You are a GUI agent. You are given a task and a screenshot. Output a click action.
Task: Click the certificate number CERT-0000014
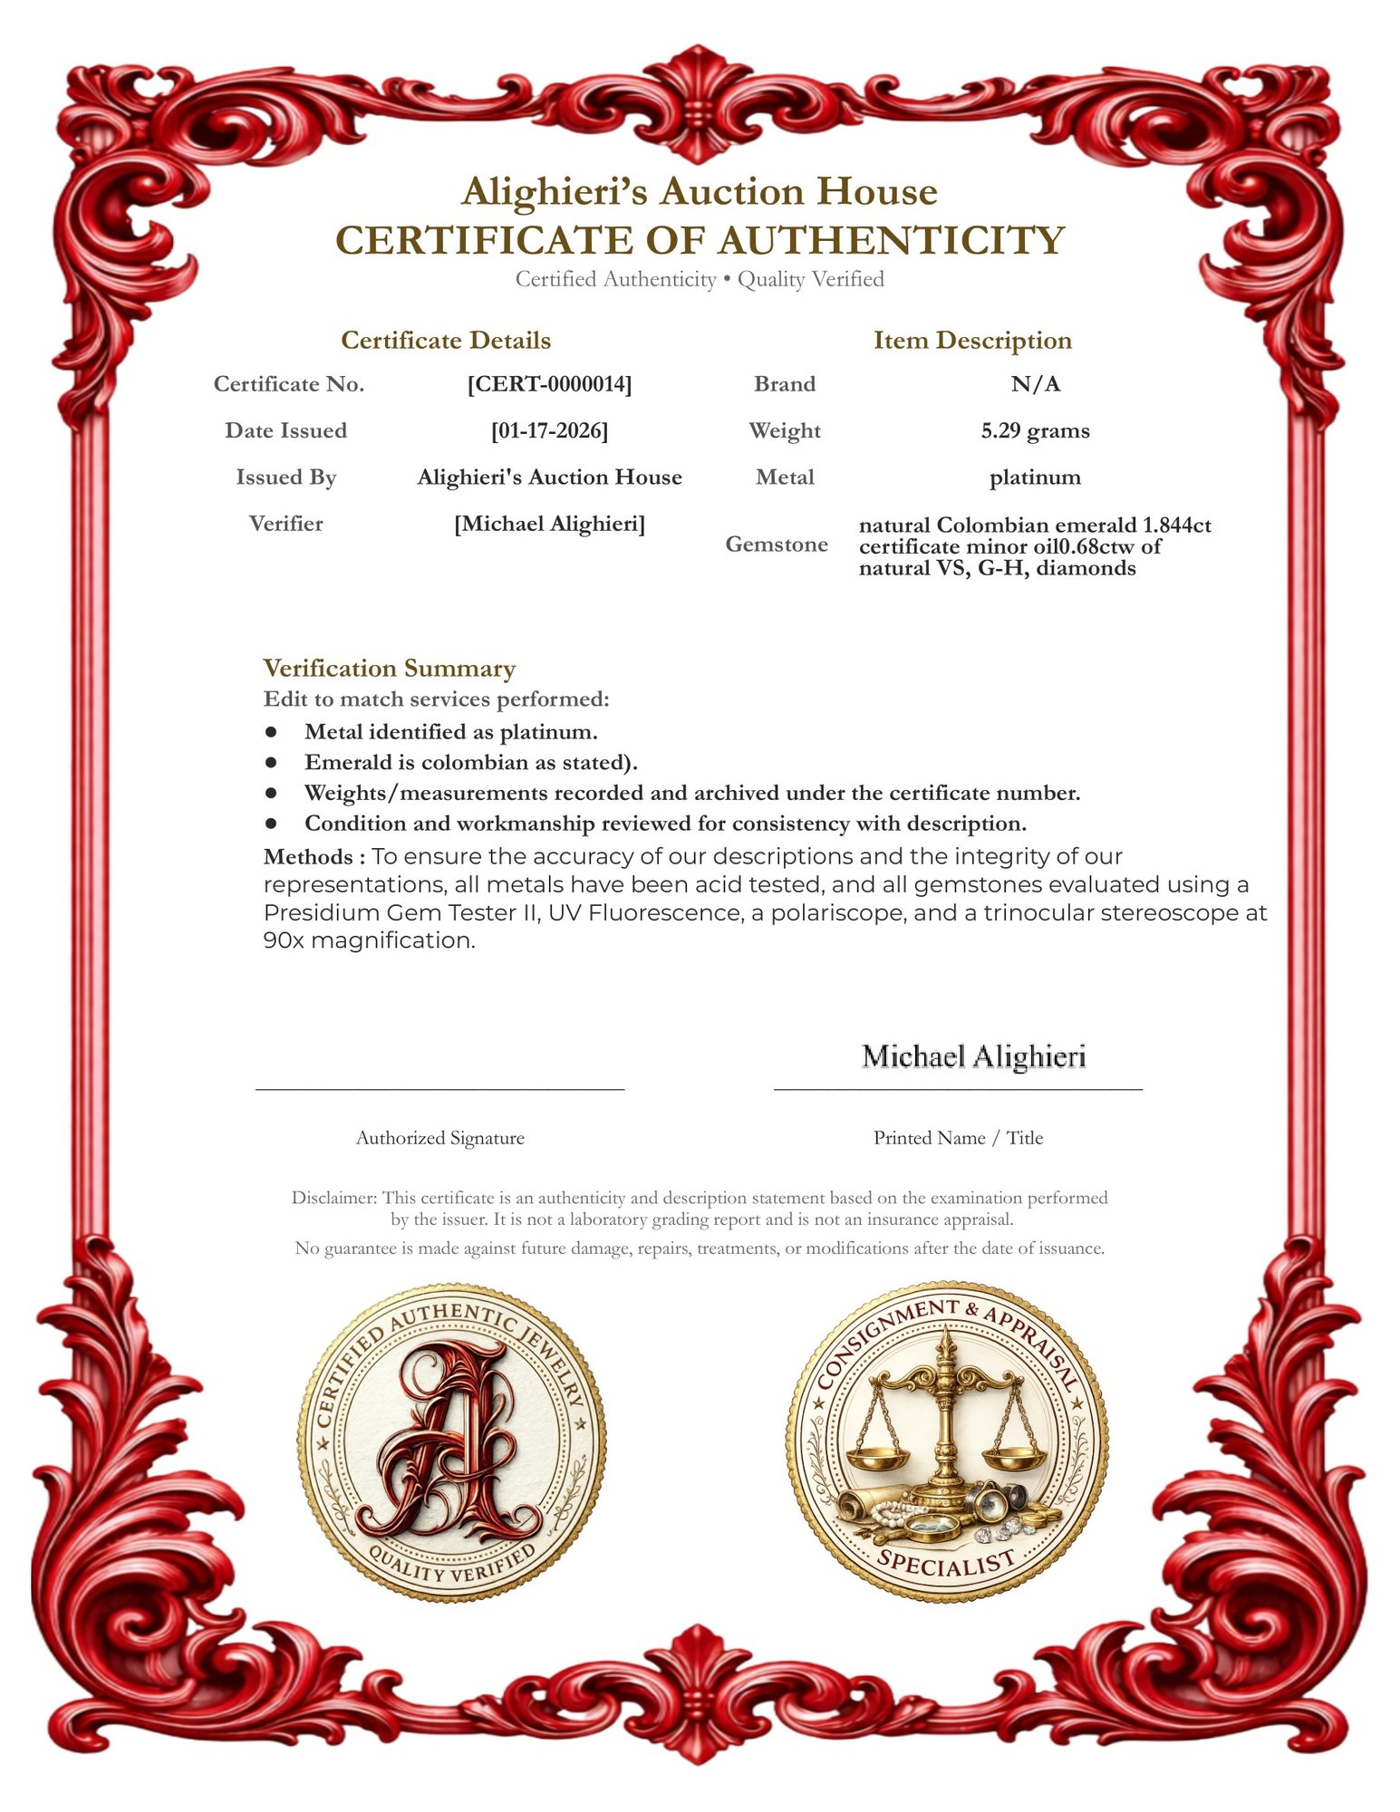coord(549,384)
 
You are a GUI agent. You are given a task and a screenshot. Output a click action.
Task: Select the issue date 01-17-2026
coord(549,430)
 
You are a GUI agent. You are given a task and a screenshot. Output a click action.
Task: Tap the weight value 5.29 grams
coord(1035,430)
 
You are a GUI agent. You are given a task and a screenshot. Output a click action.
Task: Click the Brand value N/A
coord(1035,384)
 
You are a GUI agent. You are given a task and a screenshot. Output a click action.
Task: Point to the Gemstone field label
coord(777,545)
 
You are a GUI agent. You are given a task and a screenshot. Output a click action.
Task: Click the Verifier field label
coord(285,524)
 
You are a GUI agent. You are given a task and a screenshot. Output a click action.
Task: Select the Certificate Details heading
coord(446,341)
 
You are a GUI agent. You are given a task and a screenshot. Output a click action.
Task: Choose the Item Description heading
coord(972,341)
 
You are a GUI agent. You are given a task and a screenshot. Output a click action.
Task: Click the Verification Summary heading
coord(390,669)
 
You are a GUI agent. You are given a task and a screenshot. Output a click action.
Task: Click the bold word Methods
coord(308,857)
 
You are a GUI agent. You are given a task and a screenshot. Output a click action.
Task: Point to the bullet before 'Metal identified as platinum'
coord(271,731)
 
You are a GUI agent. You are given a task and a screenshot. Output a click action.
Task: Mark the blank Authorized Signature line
coord(440,1085)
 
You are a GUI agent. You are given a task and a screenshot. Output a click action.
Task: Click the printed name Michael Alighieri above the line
coord(973,1056)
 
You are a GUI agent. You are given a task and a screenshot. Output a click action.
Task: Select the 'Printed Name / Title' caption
coord(958,1138)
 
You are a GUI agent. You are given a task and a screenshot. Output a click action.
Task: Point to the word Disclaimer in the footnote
coord(332,1198)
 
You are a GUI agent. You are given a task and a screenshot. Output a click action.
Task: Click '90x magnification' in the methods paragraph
coord(369,940)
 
